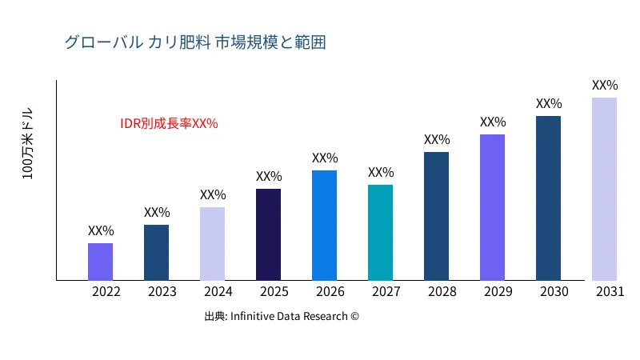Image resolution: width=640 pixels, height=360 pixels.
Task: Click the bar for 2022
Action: tap(100, 262)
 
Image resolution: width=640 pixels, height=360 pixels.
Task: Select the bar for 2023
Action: tap(156, 252)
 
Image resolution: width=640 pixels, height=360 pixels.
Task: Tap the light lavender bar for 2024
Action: tap(212, 243)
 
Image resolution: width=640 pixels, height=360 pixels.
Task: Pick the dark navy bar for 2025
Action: tap(268, 234)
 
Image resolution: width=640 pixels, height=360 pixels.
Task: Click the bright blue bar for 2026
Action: tap(324, 225)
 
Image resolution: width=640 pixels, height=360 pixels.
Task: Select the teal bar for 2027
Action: tap(380, 232)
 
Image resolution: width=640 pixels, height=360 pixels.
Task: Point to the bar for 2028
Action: tap(436, 216)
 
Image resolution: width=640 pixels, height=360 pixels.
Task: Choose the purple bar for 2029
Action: tap(492, 207)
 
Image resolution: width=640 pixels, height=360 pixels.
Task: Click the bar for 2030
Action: tap(548, 198)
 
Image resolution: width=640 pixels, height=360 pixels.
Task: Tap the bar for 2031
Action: tap(604, 189)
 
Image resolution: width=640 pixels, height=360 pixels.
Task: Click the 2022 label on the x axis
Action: tap(106, 292)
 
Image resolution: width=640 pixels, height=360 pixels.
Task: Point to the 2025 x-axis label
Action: tap(274, 292)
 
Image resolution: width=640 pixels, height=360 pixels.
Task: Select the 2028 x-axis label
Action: tap(442, 292)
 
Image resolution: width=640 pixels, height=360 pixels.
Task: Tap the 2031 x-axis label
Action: tap(610, 292)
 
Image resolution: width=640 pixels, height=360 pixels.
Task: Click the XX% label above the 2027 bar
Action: tap(381, 173)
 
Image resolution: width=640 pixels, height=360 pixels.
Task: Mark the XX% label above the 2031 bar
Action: tap(605, 86)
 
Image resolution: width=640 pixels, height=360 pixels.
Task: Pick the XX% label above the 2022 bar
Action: tap(101, 231)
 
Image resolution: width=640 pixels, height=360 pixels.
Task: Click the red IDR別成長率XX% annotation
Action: tap(169, 124)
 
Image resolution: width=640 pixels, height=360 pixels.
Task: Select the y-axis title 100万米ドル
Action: tap(28, 144)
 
